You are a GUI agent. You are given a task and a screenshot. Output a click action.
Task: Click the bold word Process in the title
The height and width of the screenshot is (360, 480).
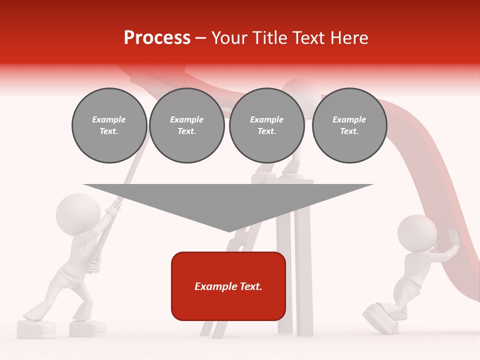(x=157, y=38)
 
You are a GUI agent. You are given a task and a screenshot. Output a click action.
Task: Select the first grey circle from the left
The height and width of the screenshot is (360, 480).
(x=109, y=125)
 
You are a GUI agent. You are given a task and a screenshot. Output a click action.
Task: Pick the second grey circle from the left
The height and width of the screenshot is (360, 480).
(x=186, y=125)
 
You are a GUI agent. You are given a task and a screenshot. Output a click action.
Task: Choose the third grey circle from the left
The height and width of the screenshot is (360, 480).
(x=266, y=125)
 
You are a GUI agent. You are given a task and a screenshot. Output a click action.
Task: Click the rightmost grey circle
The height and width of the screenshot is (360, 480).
(x=349, y=125)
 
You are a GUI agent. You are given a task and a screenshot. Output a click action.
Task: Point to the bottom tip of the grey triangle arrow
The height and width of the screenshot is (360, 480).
(x=229, y=230)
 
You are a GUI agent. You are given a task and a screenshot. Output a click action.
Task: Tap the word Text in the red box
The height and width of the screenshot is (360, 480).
(x=250, y=286)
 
